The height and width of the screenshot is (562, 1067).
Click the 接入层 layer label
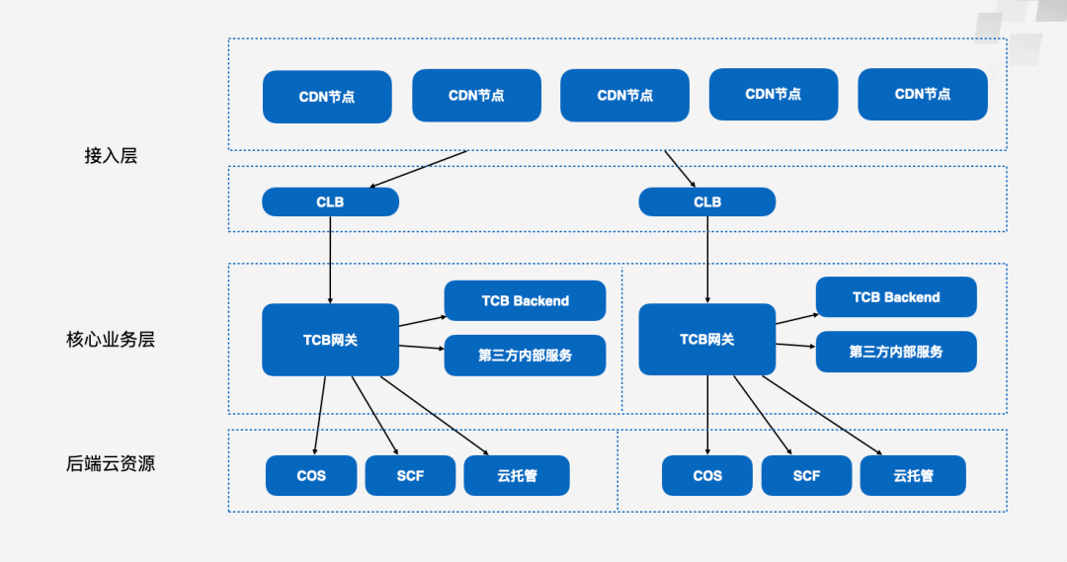coord(111,155)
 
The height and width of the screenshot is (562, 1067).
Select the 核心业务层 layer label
coord(111,340)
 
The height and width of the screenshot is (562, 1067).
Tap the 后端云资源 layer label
coord(111,463)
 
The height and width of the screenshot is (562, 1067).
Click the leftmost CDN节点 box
coord(327,97)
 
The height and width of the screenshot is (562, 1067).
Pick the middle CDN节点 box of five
coord(624,96)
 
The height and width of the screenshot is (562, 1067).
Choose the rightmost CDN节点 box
coord(922,95)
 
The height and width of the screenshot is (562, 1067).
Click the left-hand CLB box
coord(330,202)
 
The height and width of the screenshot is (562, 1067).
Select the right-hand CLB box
coord(706,202)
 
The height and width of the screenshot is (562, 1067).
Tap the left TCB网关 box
coord(330,340)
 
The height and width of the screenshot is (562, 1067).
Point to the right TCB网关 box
coord(706,340)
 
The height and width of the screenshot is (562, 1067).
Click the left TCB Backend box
coord(525,301)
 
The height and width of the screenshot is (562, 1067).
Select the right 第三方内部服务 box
coord(895,352)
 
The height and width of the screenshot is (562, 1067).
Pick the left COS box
coord(311,476)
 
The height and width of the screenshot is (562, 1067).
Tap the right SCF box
coord(806,476)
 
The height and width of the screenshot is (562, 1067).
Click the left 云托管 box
coord(517,476)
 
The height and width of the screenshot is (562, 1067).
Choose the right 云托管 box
coord(913,476)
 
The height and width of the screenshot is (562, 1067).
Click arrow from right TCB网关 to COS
coord(707,415)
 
